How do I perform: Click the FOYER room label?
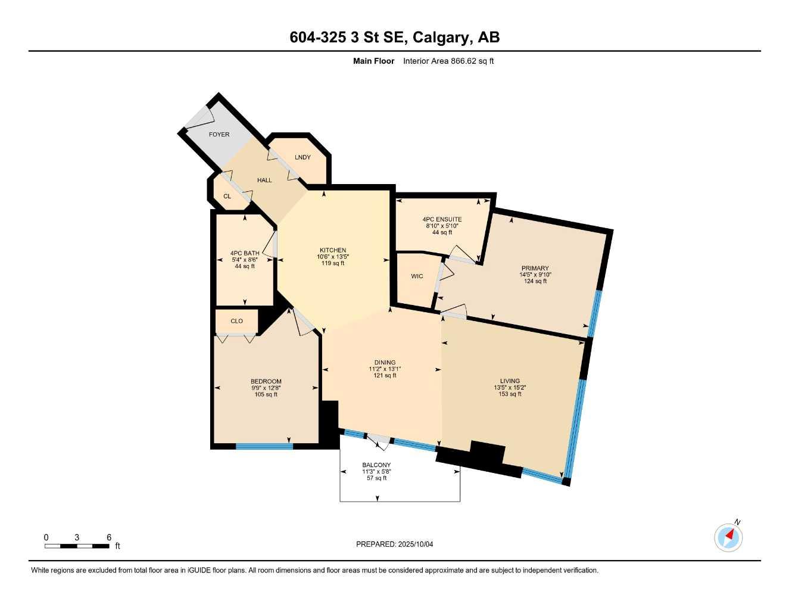point(219,135)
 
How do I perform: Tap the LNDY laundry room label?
point(302,157)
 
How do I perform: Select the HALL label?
point(264,180)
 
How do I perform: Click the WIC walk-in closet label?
point(417,276)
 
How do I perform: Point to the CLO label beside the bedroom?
point(237,321)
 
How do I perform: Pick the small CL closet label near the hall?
point(227,197)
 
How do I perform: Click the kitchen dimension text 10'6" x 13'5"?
point(333,257)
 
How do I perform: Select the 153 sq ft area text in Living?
point(510,394)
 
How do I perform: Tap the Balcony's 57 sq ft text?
point(376,478)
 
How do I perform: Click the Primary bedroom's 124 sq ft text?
point(535,281)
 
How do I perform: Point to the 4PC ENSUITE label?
point(442,219)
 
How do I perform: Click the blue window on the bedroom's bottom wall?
point(264,447)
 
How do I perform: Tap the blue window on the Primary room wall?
point(594,314)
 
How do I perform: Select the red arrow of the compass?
point(730,534)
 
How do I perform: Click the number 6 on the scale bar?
point(108,537)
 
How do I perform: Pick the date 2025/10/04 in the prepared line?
point(416,544)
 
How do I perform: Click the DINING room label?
point(385,362)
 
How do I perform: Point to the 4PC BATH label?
point(245,253)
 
